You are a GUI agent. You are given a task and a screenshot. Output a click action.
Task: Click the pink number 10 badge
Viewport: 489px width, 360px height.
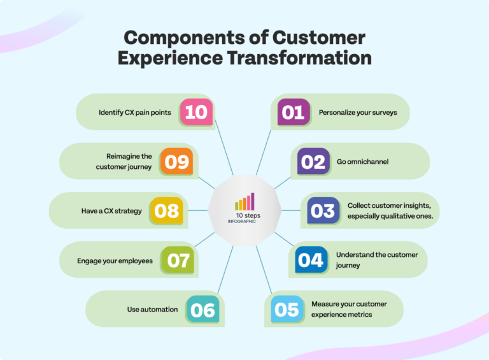196,112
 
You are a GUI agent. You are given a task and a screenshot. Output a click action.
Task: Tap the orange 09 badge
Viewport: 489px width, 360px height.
176,161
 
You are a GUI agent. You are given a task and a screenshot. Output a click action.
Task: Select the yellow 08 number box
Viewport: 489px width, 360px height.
166,210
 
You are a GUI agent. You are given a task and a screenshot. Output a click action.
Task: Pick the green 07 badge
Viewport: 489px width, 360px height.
176,260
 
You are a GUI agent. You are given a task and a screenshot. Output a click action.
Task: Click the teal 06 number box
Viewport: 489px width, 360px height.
203,310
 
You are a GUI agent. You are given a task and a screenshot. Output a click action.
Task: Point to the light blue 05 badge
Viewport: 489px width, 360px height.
287,310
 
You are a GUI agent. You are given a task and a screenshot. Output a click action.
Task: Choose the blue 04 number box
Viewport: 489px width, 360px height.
311,260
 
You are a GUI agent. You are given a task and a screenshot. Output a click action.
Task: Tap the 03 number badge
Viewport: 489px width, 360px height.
323,210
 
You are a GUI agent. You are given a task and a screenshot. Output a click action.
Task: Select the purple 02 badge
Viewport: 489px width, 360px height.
313,162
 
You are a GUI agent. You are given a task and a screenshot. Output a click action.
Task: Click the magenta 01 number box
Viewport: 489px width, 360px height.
294,112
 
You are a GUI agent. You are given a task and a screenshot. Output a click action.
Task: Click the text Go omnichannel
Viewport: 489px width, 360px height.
362,162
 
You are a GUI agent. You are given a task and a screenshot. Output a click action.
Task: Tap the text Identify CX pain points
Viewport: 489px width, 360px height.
134,112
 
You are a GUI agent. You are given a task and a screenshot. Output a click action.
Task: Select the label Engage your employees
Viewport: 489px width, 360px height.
115,261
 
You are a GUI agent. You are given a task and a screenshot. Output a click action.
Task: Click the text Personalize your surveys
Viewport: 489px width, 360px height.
357,112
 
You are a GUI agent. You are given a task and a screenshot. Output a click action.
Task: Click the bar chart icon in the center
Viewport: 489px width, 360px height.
244,202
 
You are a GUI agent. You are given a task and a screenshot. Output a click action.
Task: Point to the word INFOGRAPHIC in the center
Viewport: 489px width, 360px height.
244,222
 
